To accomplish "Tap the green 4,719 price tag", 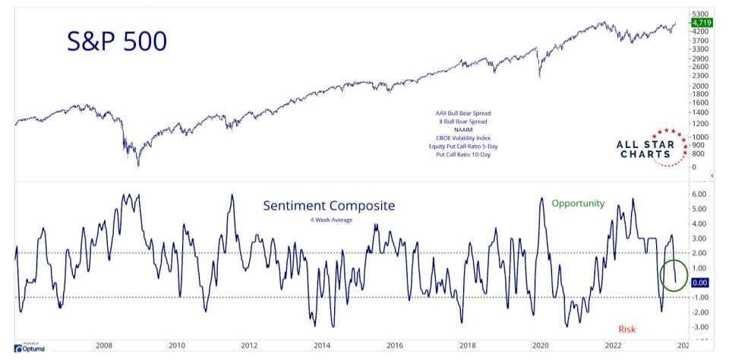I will click(699, 24).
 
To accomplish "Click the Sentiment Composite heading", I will click(329, 206).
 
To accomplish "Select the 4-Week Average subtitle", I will click(329, 220).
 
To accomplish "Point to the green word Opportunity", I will click(578, 204).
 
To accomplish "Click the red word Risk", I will click(626, 329).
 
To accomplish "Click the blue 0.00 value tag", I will click(699, 283).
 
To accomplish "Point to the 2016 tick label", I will click(395, 346).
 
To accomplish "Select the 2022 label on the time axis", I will click(613, 346).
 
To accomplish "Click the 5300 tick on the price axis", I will click(700, 14).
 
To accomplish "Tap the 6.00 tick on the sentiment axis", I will click(699, 194).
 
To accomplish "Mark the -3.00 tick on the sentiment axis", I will click(699, 327).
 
